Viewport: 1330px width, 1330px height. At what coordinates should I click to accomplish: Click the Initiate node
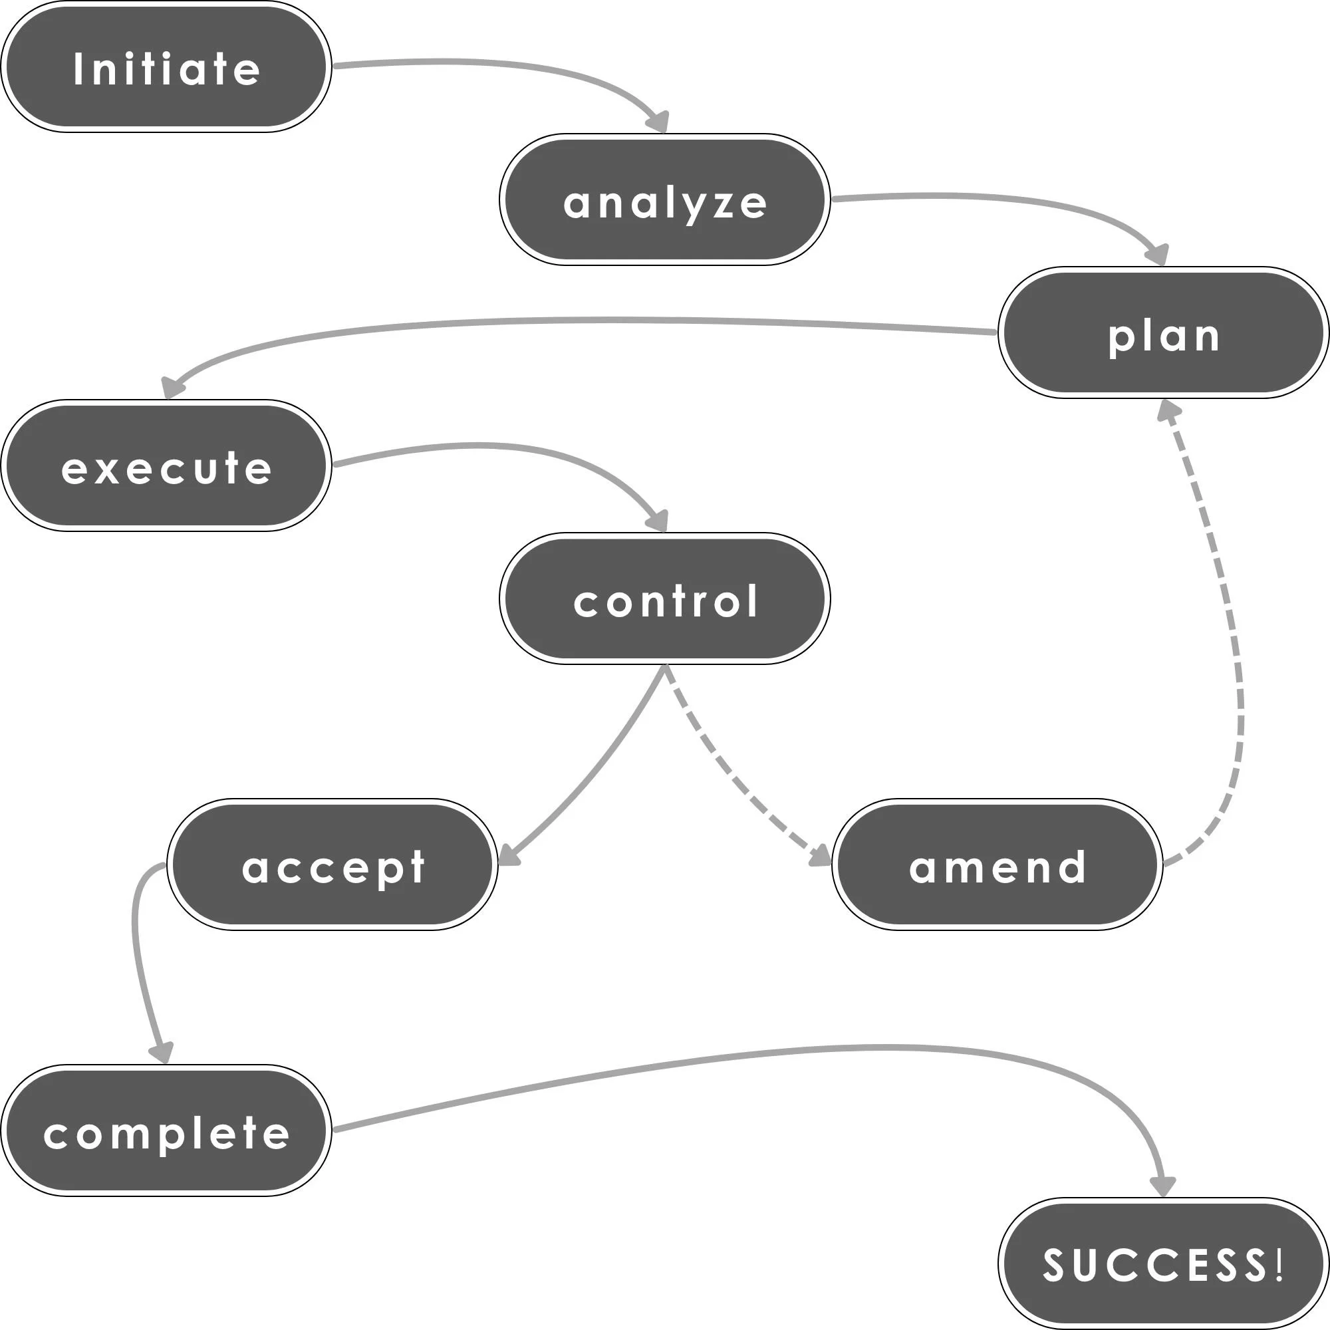tap(166, 66)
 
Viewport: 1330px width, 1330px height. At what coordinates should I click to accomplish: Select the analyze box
tap(664, 199)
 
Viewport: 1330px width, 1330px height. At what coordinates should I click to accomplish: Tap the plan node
tap(1162, 332)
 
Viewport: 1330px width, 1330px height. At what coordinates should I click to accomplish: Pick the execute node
tap(166, 465)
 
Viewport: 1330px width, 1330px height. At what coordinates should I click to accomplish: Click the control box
tap(664, 598)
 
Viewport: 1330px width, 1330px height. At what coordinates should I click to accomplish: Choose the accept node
tap(332, 864)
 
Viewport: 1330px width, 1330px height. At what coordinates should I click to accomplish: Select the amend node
tap(997, 864)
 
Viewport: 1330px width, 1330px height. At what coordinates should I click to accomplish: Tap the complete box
tap(166, 1130)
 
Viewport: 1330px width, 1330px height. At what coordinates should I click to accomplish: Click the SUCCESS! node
tap(1162, 1263)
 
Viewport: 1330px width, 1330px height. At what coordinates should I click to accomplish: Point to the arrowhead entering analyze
tap(658, 122)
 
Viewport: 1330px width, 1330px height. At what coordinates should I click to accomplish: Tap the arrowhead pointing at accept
tap(507, 856)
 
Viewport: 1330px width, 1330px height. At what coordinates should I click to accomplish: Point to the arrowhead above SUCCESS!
tap(1162, 1187)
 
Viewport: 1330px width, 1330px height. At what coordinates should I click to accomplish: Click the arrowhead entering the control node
tap(658, 521)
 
